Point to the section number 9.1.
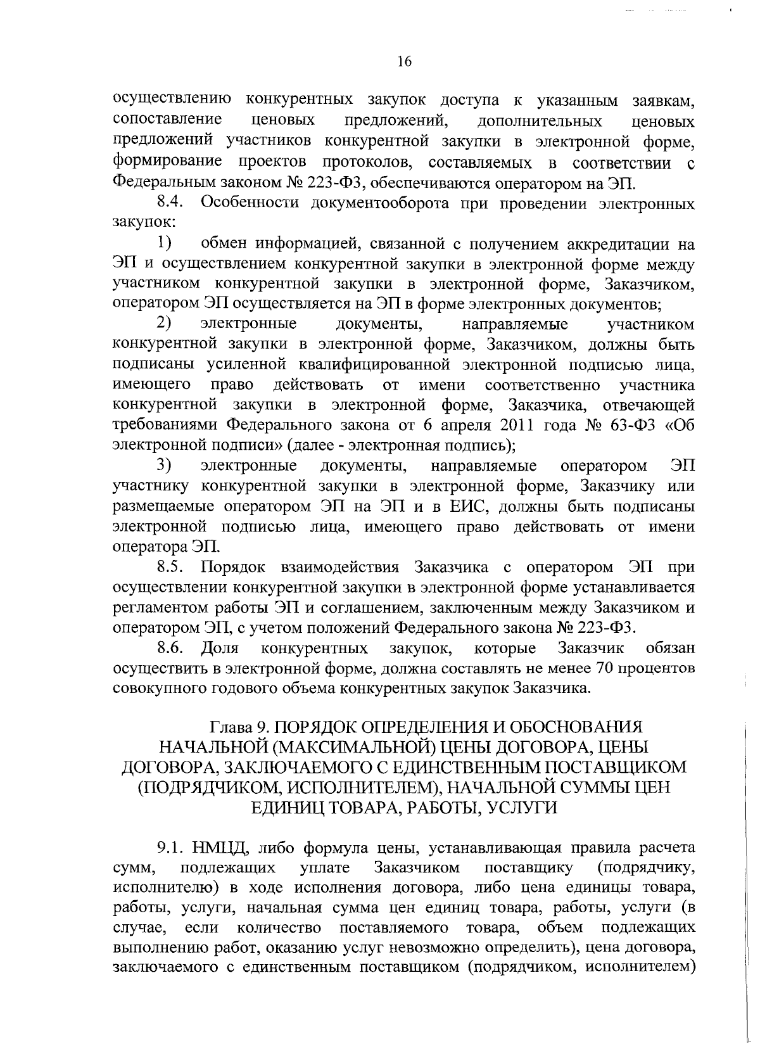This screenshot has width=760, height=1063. point(170,848)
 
